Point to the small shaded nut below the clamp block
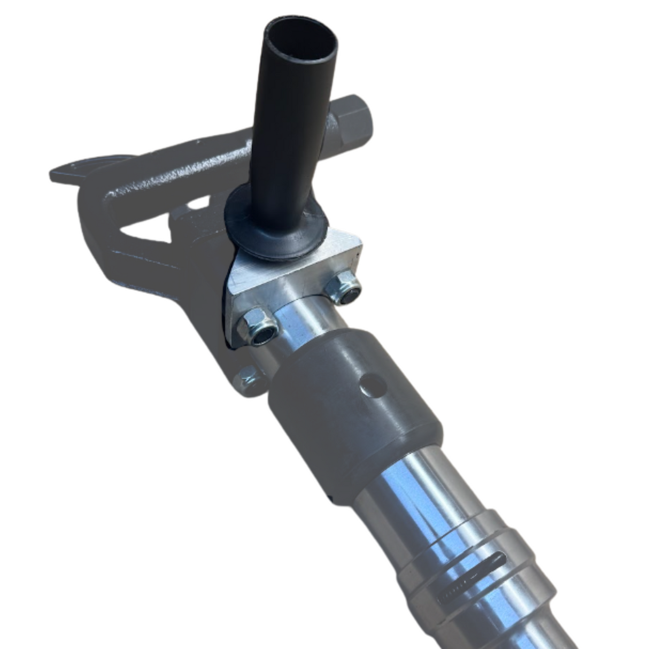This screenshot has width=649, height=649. click(x=248, y=378)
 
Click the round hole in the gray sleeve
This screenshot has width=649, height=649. click(x=373, y=383)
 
